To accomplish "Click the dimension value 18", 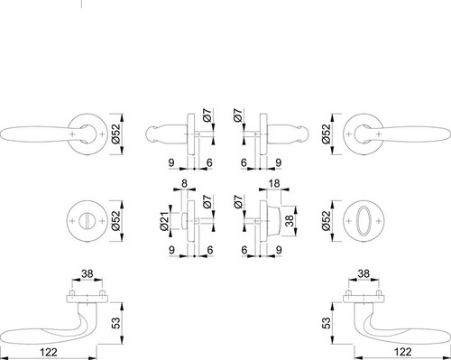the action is tap(274, 183).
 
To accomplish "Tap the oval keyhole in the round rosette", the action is tap(364, 221).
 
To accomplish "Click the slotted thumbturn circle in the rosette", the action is tap(87, 221).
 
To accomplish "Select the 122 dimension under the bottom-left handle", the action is tap(48, 352).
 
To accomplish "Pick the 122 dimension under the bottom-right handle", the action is tap(402, 352).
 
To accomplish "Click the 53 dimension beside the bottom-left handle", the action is tap(116, 322).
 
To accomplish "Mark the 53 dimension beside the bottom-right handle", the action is tap(327, 322).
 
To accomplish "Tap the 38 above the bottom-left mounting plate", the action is tap(87, 274).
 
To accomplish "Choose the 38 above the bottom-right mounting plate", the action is tap(364, 274).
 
